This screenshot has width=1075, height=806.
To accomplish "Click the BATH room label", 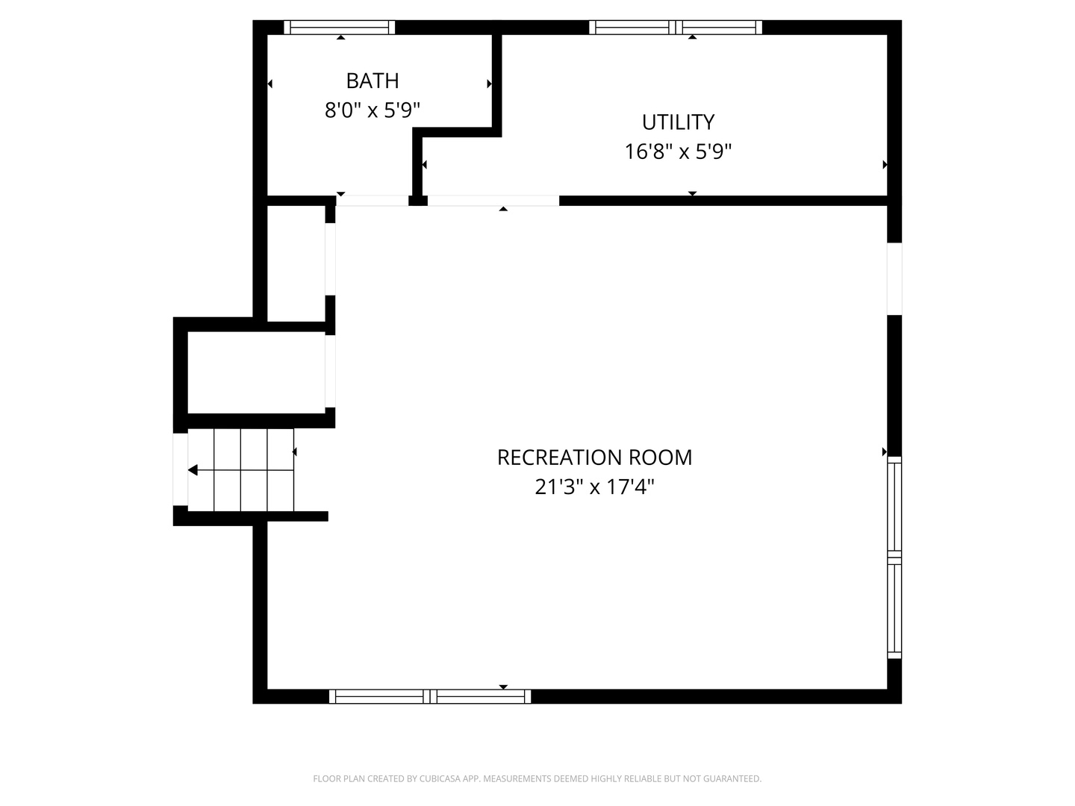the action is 373,81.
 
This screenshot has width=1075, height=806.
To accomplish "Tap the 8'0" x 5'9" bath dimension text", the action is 373,110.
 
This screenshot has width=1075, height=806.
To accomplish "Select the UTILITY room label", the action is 678,122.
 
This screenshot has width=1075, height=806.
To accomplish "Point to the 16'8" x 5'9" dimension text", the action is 678,151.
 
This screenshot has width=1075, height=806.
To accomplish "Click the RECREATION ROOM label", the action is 594,457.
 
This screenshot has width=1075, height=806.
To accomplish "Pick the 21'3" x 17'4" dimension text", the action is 594,487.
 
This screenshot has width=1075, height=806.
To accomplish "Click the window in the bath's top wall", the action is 340,28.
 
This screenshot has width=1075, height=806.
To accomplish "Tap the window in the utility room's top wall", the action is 676,28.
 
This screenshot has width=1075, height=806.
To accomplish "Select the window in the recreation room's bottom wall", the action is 429,696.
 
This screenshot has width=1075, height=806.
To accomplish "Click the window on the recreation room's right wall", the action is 894,557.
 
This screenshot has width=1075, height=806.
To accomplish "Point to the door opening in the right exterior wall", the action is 894,279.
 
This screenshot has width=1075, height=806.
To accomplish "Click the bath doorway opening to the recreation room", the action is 373,201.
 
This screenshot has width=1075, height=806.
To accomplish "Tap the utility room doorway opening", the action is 493,201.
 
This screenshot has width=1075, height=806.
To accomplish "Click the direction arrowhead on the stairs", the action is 193,470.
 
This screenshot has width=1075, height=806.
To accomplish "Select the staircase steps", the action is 240,470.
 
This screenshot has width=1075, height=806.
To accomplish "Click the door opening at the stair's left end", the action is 180,469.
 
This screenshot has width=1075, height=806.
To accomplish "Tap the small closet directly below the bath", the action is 296,263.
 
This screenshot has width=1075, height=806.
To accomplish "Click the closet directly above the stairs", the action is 256,372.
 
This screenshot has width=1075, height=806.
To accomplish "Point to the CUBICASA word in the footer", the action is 440,778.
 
